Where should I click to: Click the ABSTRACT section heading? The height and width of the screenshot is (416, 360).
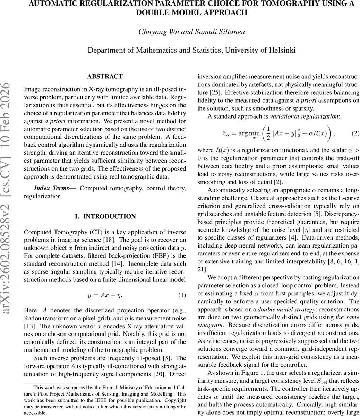pos(105,76)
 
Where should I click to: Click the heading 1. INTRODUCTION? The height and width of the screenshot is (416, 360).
pos(105,216)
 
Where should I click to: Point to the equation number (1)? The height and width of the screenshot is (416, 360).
pos(182,295)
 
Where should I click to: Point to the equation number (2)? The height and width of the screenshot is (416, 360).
pos(355,133)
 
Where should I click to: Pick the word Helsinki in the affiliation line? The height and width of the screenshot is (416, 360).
pos(282,50)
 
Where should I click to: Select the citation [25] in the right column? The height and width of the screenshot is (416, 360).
pos(214,93)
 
